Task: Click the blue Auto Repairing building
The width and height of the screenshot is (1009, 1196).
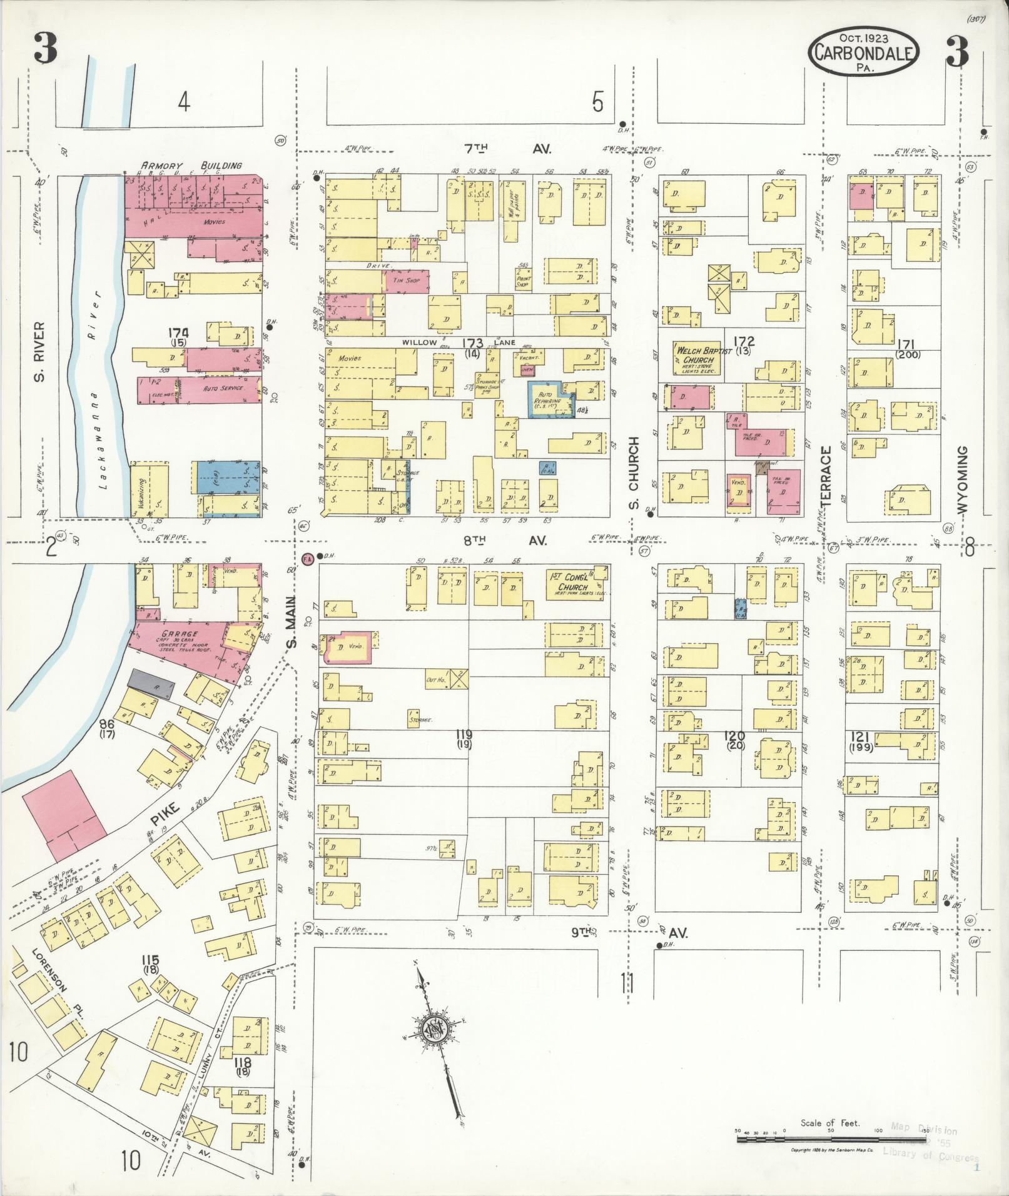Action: [x=549, y=400]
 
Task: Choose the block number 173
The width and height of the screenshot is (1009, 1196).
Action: [x=472, y=343]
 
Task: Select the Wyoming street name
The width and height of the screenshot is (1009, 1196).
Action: [x=962, y=480]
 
